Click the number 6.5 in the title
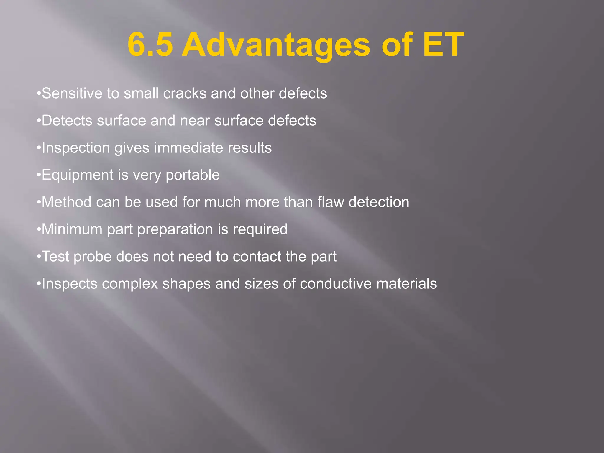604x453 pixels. tap(150, 45)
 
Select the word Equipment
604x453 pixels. tap(78, 175)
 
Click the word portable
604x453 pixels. tap(193, 175)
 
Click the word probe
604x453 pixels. tap(93, 257)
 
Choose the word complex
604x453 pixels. tap(130, 284)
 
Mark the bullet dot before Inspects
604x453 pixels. tap(38, 284)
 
